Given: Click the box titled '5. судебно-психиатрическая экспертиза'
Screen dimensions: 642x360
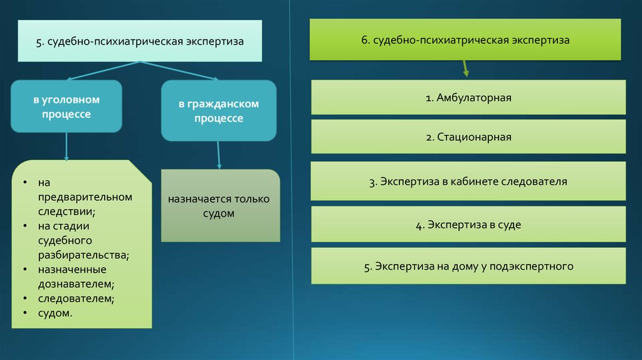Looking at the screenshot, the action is click(x=140, y=41).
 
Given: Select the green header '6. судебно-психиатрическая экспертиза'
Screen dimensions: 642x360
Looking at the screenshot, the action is click(x=465, y=40).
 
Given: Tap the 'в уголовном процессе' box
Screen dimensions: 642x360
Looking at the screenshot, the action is click(x=66, y=106).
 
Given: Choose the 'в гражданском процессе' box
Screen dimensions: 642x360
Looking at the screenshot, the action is click(x=219, y=110).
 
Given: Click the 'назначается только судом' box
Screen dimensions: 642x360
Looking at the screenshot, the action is click(x=220, y=206).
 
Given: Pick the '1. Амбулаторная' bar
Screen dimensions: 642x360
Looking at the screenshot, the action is click(x=468, y=97).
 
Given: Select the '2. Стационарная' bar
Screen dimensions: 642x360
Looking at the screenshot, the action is click(x=468, y=137).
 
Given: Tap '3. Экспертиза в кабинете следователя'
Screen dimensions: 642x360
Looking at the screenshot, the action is click(x=468, y=181).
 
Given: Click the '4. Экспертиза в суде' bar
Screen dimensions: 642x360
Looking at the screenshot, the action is click(x=468, y=225).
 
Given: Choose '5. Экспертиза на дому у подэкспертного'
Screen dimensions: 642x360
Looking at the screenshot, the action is click(x=468, y=266).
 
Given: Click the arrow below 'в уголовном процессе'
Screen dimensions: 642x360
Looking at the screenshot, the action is click(x=66, y=147).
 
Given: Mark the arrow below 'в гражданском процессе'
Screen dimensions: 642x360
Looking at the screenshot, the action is click(x=219, y=155).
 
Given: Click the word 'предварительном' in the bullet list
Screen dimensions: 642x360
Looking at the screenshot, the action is click(x=85, y=197).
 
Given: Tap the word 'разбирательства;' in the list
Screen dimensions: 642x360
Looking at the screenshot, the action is click(x=83, y=255).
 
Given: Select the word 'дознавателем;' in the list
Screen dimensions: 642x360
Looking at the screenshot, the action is click(x=76, y=284).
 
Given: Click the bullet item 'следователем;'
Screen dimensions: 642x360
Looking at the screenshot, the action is click(x=76, y=299).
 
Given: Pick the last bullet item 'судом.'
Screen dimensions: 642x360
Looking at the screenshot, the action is click(x=55, y=314).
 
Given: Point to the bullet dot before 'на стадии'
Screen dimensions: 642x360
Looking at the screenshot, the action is click(x=25, y=226).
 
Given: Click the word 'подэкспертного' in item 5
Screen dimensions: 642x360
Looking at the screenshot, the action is click(x=532, y=267).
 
